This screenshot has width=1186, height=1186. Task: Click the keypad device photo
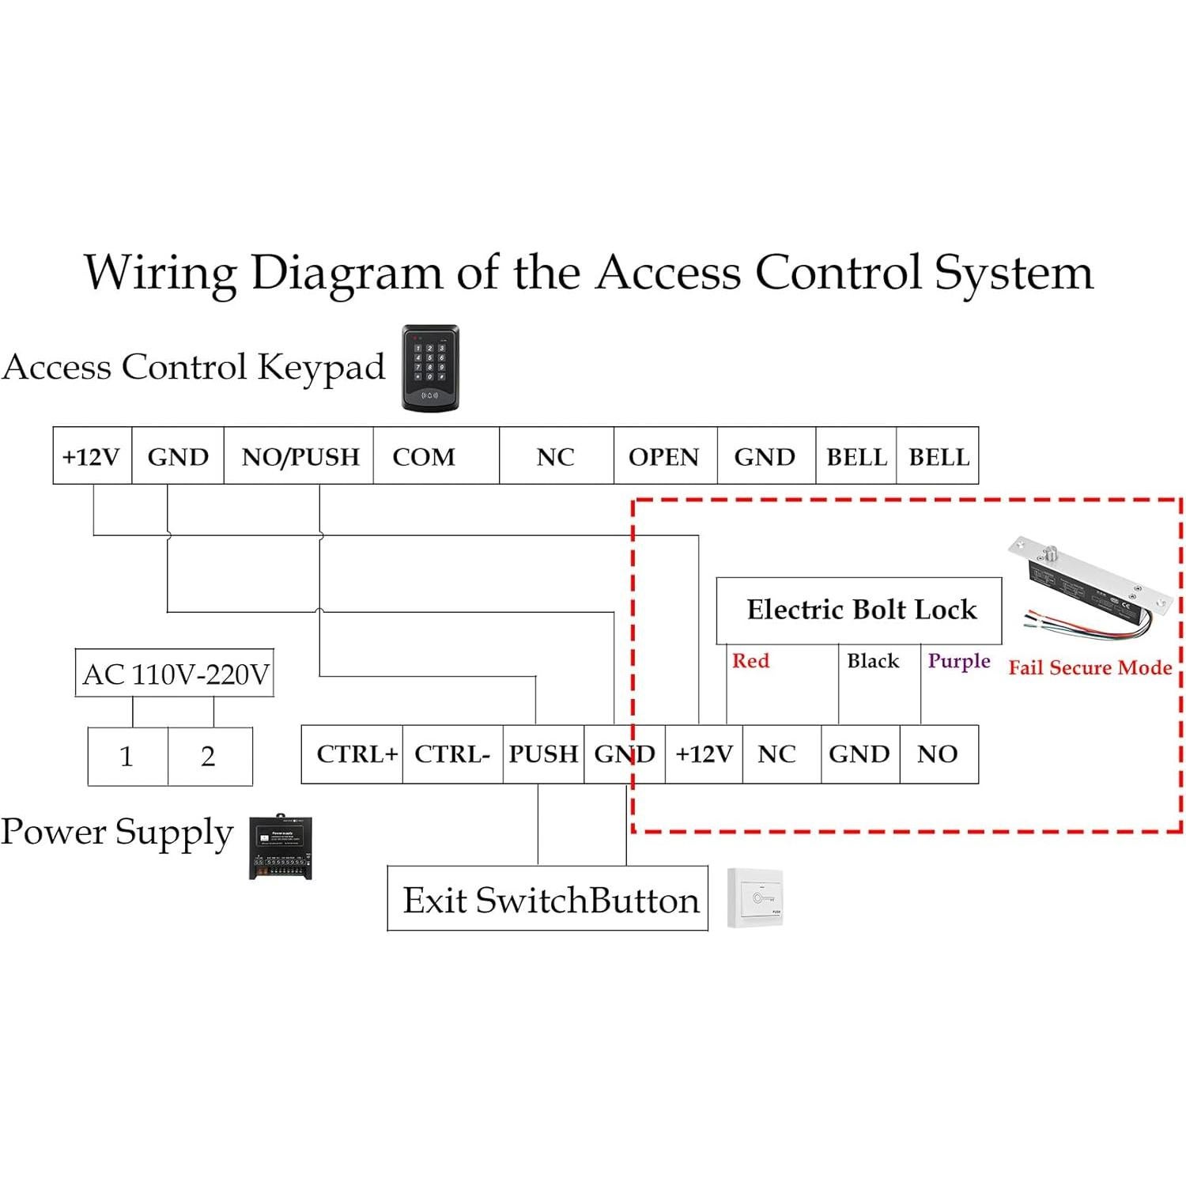[430, 368]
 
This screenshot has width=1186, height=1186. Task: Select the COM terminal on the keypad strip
[425, 457]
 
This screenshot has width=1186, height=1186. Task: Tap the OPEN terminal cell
[664, 457]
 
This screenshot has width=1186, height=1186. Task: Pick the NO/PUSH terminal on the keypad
[300, 457]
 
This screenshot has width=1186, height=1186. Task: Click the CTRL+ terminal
[356, 754]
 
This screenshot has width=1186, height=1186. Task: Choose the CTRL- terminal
[452, 754]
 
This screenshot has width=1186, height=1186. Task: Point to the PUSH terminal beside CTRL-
[543, 754]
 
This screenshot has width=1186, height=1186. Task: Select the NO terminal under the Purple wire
[938, 754]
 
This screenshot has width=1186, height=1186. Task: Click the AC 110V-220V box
[175, 674]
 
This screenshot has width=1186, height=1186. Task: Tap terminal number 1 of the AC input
[127, 757]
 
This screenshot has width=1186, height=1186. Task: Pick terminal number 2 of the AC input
[209, 757]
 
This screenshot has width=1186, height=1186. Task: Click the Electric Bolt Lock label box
[860, 610]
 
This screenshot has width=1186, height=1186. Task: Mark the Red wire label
[750, 661]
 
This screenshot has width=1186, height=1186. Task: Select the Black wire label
[873, 661]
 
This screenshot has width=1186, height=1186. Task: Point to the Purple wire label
[959, 661]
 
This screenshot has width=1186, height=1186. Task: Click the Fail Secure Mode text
[1090, 668]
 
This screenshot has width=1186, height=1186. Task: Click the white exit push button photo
[755, 898]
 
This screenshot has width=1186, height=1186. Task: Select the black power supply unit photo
[281, 848]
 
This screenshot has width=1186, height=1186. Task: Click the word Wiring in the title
[161, 274]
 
